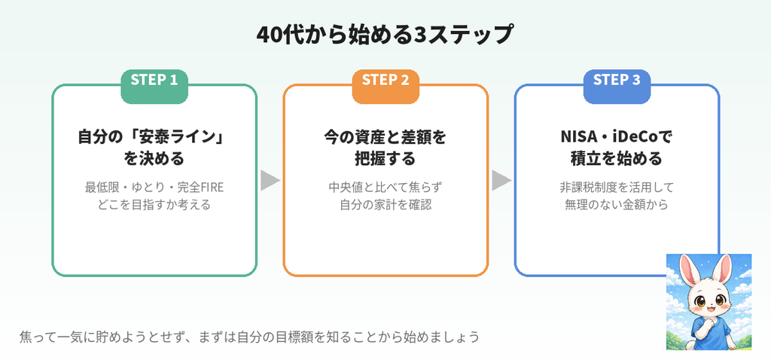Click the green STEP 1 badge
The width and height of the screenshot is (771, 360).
pyautogui.click(x=154, y=87)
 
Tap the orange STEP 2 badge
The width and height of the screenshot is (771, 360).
pyautogui.click(x=385, y=87)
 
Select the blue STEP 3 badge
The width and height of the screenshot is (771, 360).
pyautogui.click(x=617, y=87)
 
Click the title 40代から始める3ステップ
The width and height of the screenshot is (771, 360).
pyautogui.click(x=385, y=35)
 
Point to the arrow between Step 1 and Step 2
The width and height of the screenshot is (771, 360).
pyautogui.click(x=270, y=180)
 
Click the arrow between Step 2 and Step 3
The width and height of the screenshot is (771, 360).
pyautogui.click(x=501, y=180)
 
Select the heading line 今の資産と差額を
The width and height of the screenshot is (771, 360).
pyautogui.click(x=385, y=137)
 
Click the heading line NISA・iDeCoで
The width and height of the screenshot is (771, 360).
pyautogui.click(x=617, y=137)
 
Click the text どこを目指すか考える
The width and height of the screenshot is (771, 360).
pyautogui.click(x=154, y=204)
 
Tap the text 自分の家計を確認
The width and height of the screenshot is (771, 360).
pyautogui.click(x=385, y=204)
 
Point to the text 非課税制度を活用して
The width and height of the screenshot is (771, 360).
pyautogui.click(x=617, y=188)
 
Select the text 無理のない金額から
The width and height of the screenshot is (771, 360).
pyautogui.click(x=617, y=204)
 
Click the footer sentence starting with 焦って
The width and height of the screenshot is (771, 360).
pyautogui.click(x=249, y=337)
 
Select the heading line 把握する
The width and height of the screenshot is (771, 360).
pyautogui.click(x=385, y=159)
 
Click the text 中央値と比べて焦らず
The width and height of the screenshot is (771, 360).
pyautogui.click(x=385, y=188)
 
